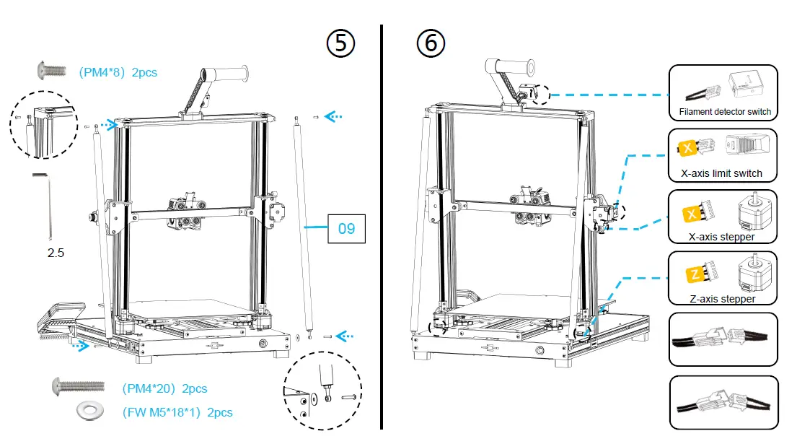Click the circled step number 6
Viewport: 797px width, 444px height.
point(431,43)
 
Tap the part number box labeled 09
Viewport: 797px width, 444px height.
point(346,229)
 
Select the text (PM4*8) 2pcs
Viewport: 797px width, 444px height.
point(118,72)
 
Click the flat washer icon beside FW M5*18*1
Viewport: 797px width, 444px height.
point(91,412)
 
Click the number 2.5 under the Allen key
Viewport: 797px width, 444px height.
point(56,253)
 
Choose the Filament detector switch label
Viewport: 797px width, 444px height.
point(725,112)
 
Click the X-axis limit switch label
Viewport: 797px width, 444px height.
point(721,173)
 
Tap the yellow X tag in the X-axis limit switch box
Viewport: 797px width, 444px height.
point(687,149)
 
